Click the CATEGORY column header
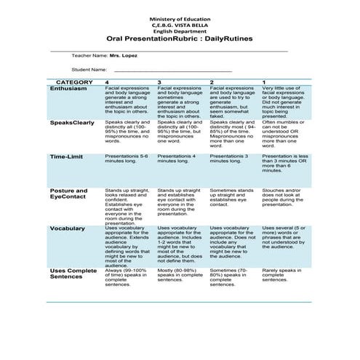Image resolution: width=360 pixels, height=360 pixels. click(x=73, y=82)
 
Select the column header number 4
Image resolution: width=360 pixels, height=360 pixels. click(x=108, y=82)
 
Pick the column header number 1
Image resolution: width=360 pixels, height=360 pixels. click(x=264, y=82)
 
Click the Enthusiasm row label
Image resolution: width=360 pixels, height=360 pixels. click(x=68, y=89)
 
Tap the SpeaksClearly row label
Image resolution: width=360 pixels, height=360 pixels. click(x=72, y=123)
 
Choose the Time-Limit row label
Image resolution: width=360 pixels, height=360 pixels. click(x=66, y=156)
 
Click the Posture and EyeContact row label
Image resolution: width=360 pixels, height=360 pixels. click(x=68, y=194)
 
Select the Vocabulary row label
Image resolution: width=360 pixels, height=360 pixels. click(x=67, y=228)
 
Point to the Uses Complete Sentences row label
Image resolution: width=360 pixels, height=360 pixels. click(x=73, y=274)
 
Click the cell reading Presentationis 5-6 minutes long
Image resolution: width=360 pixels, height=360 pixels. click(x=127, y=159)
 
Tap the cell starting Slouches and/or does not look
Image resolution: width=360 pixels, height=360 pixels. click(x=284, y=197)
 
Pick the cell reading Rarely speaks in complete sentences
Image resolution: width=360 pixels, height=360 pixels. click(x=280, y=276)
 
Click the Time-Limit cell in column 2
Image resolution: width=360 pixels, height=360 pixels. click(x=231, y=159)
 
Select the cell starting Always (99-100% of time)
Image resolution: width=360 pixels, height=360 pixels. click(x=128, y=276)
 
